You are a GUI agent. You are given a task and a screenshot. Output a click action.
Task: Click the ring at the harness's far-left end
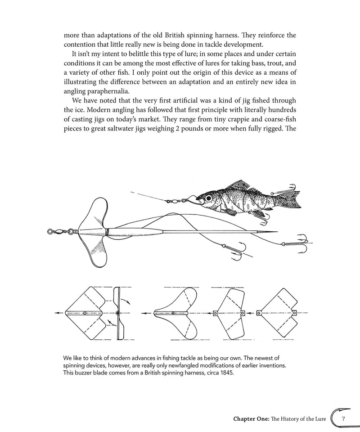(50, 232)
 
